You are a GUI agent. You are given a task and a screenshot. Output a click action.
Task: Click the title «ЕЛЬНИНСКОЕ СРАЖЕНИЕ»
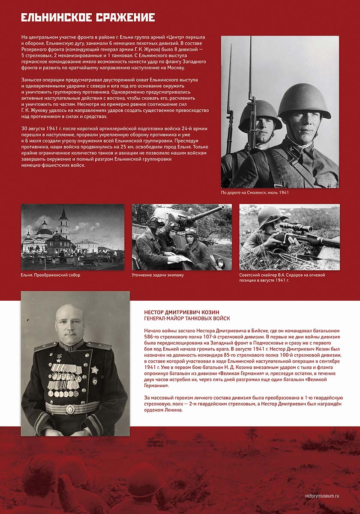[88, 18]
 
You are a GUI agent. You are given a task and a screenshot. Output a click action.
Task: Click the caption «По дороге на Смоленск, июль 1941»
[255, 193]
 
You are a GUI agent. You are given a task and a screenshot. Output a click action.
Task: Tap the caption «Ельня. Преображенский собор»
[51, 275]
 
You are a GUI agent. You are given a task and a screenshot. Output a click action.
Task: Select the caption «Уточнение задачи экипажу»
[157, 275]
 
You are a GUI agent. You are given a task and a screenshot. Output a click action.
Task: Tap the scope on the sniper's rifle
[296, 227]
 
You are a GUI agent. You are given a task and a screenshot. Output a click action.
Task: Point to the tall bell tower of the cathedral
[63, 221]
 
